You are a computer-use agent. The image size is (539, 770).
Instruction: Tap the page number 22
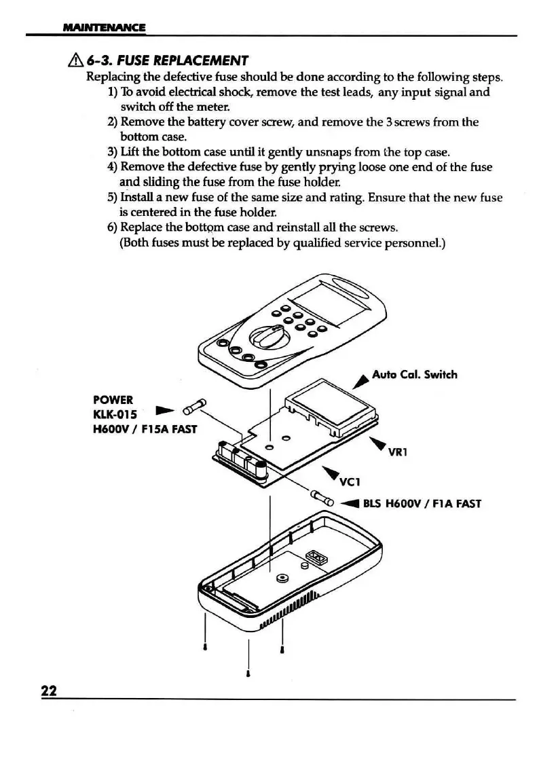tap(48, 691)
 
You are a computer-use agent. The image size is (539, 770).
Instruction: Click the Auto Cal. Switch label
tap(415, 374)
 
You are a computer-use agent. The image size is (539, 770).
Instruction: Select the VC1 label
tap(349, 483)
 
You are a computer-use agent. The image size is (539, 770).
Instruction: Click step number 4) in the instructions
tap(113, 167)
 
